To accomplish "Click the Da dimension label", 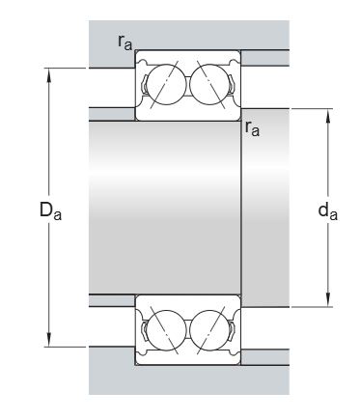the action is pyautogui.click(x=50, y=210).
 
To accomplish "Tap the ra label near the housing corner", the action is pyautogui.click(x=125, y=42).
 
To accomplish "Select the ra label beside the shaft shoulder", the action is pyautogui.click(x=252, y=128).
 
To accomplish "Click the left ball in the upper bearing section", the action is pyautogui.click(x=167, y=85).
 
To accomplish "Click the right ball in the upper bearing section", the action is pyautogui.click(x=208, y=85).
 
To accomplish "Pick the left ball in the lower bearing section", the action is pyautogui.click(x=167, y=330).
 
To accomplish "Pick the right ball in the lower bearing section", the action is pyautogui.click(x=208, y=330).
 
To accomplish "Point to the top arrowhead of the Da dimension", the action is pyautogui.click(x=49, y=75).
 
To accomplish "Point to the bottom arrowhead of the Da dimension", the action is pyautogui.click(x=49, y=340).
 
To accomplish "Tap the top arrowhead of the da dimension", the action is pyautogui.click(x=328, y=116).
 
